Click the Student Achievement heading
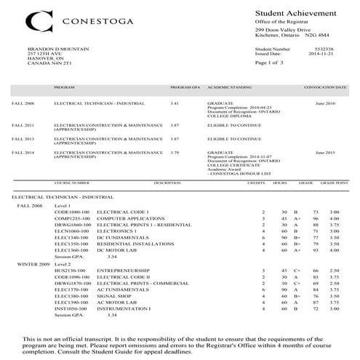coord(295,14)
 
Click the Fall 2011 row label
coord(23,124)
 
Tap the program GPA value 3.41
coord(175,104)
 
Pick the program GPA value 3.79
coord(175,152)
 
